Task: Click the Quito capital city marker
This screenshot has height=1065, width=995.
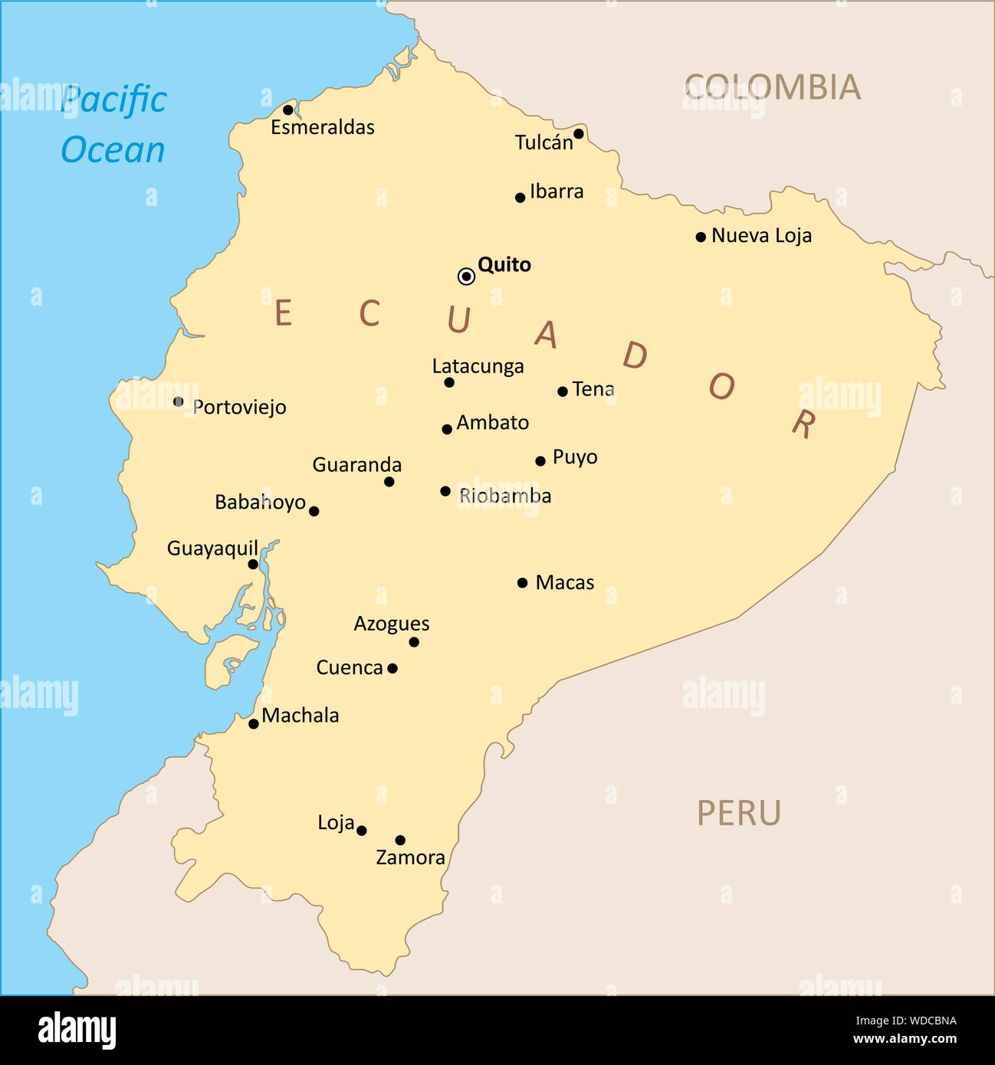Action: pos(466,276)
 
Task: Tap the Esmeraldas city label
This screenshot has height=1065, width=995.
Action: pos(323,127)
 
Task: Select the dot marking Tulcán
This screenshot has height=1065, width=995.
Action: pos(579,134)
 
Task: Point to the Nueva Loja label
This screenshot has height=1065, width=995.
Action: pos(761,236)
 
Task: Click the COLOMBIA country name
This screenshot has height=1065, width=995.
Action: pos(772,87)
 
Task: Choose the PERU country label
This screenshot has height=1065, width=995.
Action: pos(739,813)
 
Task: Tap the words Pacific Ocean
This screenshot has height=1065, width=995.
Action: pos(113,124)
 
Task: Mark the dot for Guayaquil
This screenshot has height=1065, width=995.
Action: pos(253,565)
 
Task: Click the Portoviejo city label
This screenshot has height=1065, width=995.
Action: pos(239,407)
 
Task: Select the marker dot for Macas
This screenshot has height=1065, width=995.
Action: pos(523,583)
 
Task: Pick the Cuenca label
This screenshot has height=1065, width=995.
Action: pos(350,668)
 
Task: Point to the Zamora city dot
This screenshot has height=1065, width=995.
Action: pos(400,841)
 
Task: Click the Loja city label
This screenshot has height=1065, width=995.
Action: pos(336,823)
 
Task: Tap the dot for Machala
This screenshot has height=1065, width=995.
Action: pos(254,723)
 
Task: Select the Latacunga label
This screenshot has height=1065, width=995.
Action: pos(478,366)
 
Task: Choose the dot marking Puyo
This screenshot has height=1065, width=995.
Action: pos(540,461)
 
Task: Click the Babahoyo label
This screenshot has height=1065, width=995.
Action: pos(260,503)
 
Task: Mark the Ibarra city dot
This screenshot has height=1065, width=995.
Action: pos(520,198)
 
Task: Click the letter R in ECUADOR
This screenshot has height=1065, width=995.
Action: pos(803,423)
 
